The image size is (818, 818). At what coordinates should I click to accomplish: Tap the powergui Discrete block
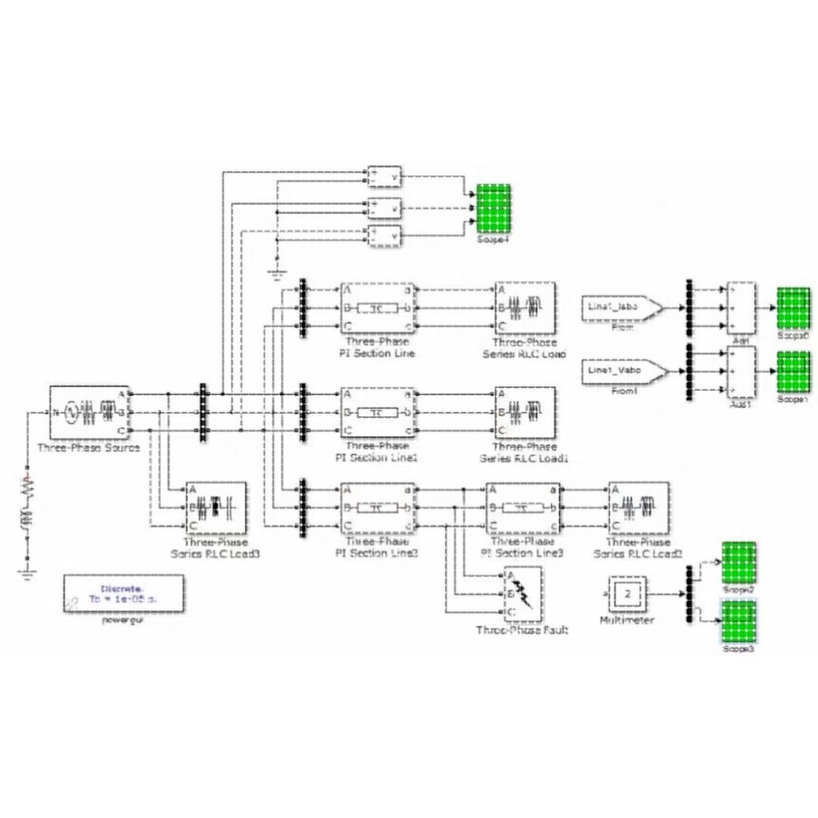[123, 593]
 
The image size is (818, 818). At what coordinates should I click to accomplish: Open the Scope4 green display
[493, 210]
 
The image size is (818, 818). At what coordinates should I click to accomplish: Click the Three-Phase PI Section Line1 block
[376, 413]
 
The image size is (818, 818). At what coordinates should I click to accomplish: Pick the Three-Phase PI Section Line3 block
[522, 508]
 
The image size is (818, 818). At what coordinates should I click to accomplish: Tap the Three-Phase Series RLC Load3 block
[216, 507]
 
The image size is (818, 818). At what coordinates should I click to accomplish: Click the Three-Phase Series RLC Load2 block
[638, 508]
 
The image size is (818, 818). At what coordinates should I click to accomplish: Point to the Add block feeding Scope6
[740, 308]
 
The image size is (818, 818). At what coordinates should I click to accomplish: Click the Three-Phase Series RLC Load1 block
[524, 413]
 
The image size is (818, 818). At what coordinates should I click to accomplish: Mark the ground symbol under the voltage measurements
[276, 273]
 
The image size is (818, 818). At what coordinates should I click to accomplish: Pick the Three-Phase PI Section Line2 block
[376, 508]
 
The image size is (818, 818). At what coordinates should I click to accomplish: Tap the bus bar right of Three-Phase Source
[203, 412]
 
